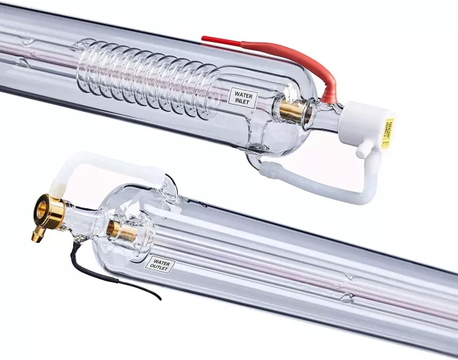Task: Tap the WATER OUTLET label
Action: [x=160, y=265]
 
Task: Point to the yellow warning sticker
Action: [x=388, y=133]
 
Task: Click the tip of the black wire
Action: [x=160, y=299]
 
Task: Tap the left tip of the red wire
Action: [x=203, y=39]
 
